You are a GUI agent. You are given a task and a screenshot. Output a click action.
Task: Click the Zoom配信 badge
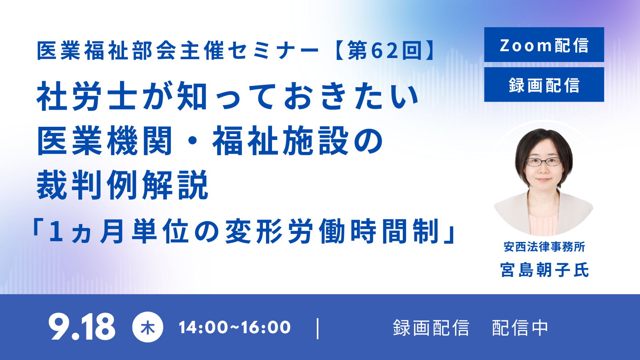click(544, 44)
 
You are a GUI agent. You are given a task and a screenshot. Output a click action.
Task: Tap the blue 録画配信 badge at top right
click(544, 84)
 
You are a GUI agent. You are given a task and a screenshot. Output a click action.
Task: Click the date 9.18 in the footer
click(82, 326)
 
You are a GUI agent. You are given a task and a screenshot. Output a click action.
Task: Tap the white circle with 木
click(148, 327)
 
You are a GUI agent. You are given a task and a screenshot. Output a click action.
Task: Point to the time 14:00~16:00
click(234, 327)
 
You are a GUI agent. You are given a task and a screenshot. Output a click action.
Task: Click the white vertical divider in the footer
click(318, 328)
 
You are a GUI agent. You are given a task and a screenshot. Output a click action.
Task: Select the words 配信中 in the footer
click(520, 328)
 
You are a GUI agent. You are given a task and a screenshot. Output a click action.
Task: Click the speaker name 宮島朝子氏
click(544, 270)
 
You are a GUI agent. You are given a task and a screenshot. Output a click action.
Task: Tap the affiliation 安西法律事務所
click(544, 247)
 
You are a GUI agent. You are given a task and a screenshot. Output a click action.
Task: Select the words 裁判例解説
click(123, 185)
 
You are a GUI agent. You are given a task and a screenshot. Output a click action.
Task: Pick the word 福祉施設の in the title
click(298, 141)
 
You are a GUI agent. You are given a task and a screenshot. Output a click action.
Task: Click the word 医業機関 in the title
click(104, 141)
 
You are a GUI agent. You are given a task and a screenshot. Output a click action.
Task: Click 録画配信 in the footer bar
click(431, 328)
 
